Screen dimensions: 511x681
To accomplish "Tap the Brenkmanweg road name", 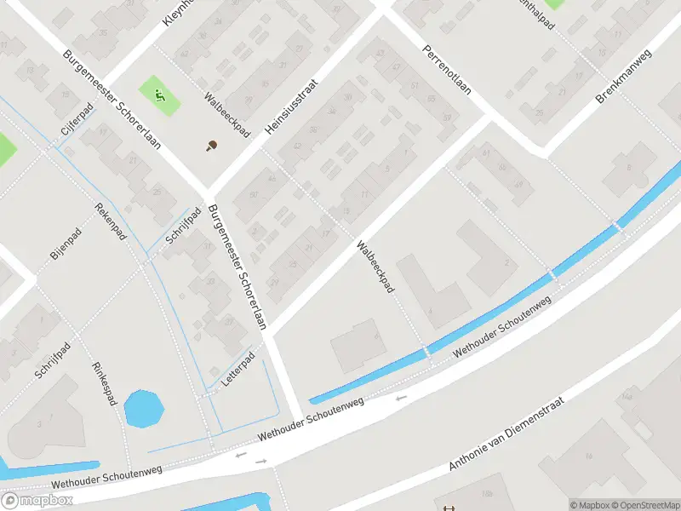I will coord(623,78).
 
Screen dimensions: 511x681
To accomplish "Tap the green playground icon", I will coord(159,95).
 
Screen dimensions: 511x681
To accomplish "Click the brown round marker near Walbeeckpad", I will coord(211,146).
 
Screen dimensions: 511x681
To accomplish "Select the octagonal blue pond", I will coord(144,409).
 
